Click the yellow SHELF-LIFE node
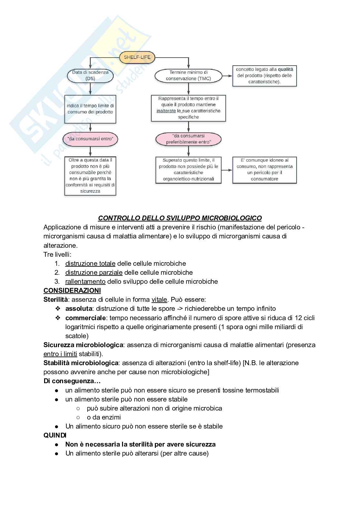(x=137, y=58)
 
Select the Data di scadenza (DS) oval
(x=90, y=76)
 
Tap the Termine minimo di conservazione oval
(x=188, y=76)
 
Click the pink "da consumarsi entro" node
(x=90, y=139)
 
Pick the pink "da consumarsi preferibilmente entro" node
(x=188, y=139)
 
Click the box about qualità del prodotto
(x=264, y=76)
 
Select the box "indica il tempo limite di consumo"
(x=90, y=109)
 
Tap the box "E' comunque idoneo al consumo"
(x=264, y=170)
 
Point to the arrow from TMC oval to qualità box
(x=227, y=76)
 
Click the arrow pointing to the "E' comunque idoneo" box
(x=227, y=170)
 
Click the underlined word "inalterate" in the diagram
(x=166, y=111)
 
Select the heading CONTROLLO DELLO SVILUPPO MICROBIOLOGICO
(x=180, y=218)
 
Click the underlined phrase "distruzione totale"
(x=90, y=263)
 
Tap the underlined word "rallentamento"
(x=85, y=282)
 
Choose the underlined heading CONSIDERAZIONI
(x=72, y=291)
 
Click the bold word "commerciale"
(x=85, y=318)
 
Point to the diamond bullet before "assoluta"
(x=58, y=309)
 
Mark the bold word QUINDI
(x=55, y=435)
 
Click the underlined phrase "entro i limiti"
(x=60, y=354)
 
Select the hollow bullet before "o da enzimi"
(x=78, y=417)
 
